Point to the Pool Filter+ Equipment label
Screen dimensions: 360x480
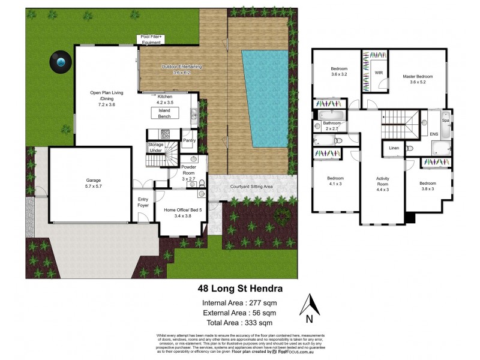point(152,40)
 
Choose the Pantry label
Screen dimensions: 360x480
point(190,140)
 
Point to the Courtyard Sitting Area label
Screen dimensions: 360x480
point(251,187)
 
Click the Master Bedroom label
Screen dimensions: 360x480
point(418,79)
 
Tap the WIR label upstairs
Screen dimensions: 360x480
point(379,73)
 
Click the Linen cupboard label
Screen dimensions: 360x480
point(394,148)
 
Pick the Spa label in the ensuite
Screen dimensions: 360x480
point(445,121)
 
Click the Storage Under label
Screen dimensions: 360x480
point(155,148)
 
